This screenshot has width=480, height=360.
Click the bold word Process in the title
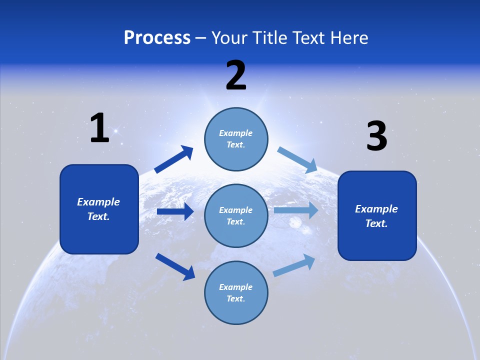pyautogui.click(x=157, y=38)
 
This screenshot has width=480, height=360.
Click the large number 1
pyautogui.click(x=99, y=128)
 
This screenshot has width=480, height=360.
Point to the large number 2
pyautogui.click(x=236, y=75)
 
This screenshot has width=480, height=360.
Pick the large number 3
pyautogui.click(x=376, y=136)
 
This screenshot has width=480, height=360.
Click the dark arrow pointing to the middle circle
pyautogui.click(x=175, y=211)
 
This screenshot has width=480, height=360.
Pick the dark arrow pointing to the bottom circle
pyautogui.click(x=175, y=266)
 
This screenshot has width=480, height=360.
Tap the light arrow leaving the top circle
pyautogui.click(x=297, y=159)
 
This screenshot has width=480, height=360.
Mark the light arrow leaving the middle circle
pyautogui.click(x=296, y=210)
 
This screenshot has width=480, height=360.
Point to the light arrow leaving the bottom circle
pyautogui.click(x=294, y=265)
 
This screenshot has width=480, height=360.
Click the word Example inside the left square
pyautogui.click(x=98, y=202)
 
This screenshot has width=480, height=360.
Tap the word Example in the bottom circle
pyautogui.click(x=236, y=287)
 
